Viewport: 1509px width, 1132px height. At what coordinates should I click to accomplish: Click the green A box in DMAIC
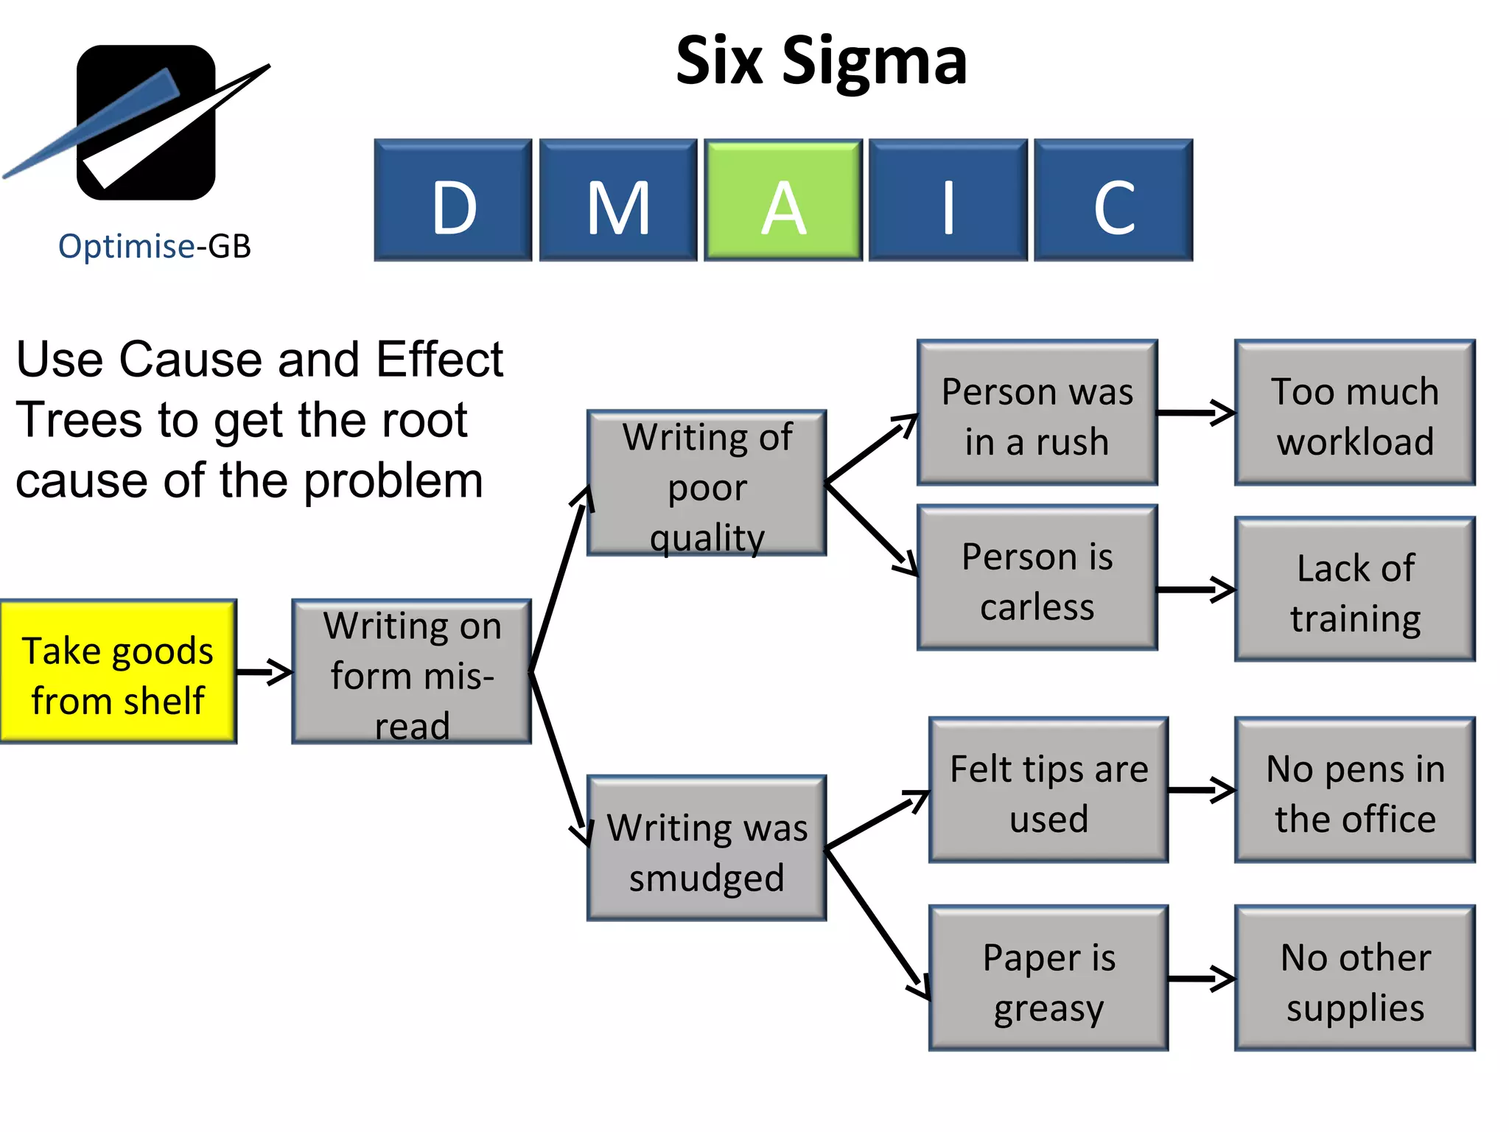pos(782,200)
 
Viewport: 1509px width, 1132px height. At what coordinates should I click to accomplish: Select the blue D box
pos(452,200)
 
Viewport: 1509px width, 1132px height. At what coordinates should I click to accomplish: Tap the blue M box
pos(617,200)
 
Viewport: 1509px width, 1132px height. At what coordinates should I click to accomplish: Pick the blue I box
pos(948,200)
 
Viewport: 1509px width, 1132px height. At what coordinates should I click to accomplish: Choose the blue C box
pos(1113,200)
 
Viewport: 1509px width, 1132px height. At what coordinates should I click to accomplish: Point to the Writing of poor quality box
pos(707,483)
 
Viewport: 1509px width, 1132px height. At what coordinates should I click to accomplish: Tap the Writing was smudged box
pos(707,848)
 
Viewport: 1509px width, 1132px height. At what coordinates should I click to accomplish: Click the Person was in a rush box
pos(1037,413)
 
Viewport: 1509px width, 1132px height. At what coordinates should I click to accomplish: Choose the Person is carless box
pos(1037,578)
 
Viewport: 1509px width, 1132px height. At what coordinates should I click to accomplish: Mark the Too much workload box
pos(1355,413)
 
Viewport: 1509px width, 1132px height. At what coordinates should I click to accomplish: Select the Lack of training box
pos(1355,590)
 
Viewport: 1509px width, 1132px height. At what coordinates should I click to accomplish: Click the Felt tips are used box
pos(1048,790)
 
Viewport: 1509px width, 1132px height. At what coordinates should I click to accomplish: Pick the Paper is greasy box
pos(1048,978)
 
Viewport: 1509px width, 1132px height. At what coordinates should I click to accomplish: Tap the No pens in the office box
pos(1355,790)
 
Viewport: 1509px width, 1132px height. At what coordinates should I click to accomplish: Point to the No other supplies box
pos(1355,978)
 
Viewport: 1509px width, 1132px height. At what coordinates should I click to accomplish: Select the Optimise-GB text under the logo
pos(155,246)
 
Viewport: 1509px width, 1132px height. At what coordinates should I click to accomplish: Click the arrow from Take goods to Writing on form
pos(265,672)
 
